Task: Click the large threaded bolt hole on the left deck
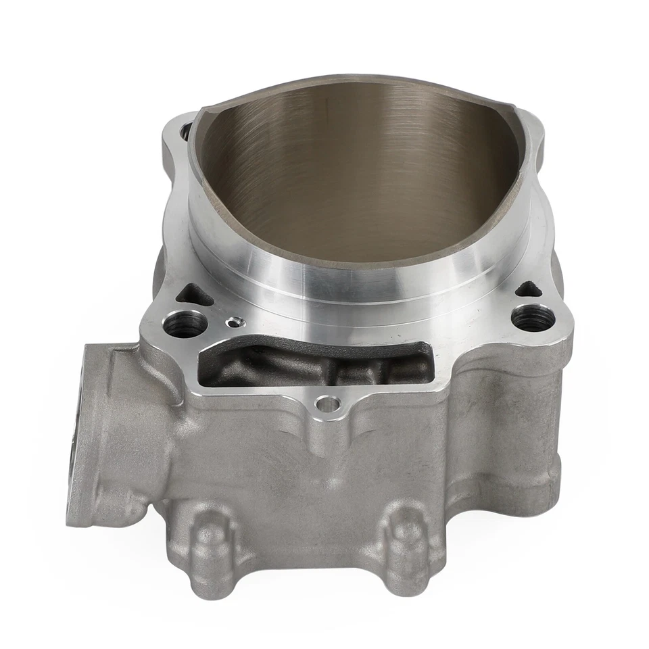184,323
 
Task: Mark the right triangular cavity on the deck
529,289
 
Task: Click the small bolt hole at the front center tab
328,404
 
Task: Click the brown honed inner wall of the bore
352,169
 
